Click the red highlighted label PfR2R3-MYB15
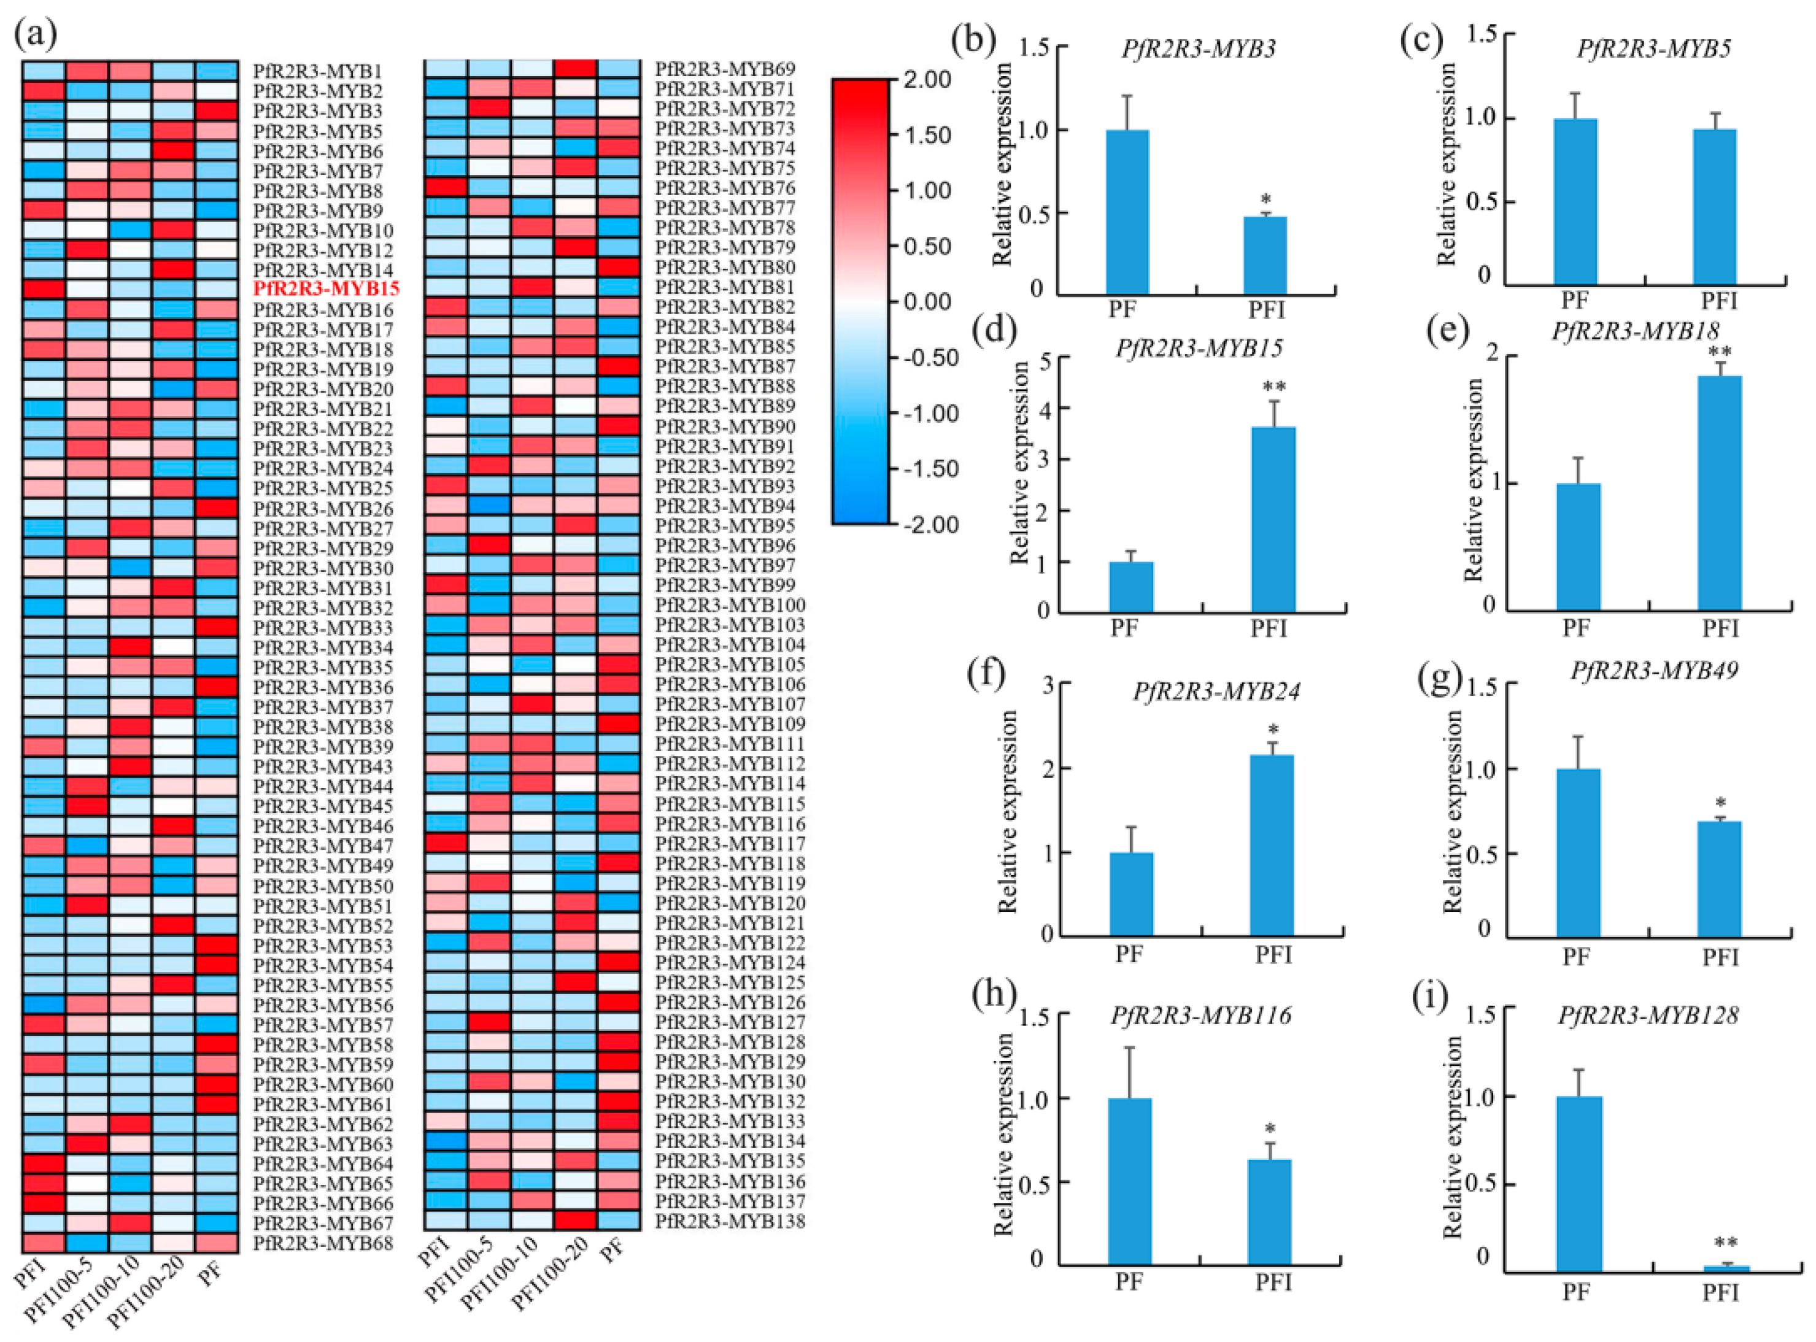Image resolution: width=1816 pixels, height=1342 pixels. pos(326,289)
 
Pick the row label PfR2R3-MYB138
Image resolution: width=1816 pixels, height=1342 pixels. pos(730,1221)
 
